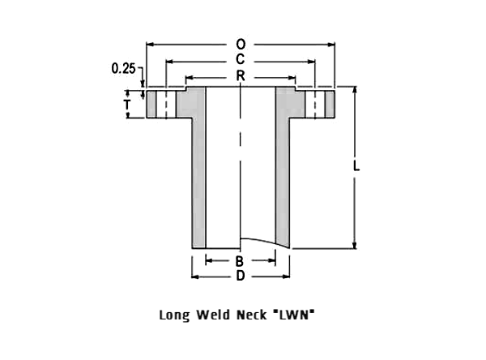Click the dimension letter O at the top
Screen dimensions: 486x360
(x=241, y=45)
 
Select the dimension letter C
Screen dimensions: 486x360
(x=241, y=59)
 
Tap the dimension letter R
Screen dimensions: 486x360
(x=241, y=75)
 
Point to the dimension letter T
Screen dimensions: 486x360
(x=127, y=105)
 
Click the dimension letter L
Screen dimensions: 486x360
(x=356, y=166)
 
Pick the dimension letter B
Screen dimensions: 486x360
(x=240, y=261)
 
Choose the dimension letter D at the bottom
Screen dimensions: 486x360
(x=241, y=276)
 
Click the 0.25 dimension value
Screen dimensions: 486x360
(x=123, y=68)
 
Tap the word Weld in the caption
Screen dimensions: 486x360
(x=213, y=315)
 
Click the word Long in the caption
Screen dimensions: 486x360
(x=174, y=315)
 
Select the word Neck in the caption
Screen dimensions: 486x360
(x=252, y=315)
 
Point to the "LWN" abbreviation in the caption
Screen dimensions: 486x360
(x=294, y=315)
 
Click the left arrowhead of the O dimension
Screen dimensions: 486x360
(x=150, y=45)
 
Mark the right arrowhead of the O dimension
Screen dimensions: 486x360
(x=331, y=45)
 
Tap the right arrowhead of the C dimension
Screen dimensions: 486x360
(x=311, y=62)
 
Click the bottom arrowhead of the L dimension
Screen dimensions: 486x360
(x=355, y=245)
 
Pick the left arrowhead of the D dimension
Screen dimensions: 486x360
(x=195, y=276)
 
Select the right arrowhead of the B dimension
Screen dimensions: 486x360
(x=272, y=260)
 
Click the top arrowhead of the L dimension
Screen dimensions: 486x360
(x=355, y=90)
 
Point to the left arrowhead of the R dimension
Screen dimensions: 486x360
(x=189, y=77)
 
